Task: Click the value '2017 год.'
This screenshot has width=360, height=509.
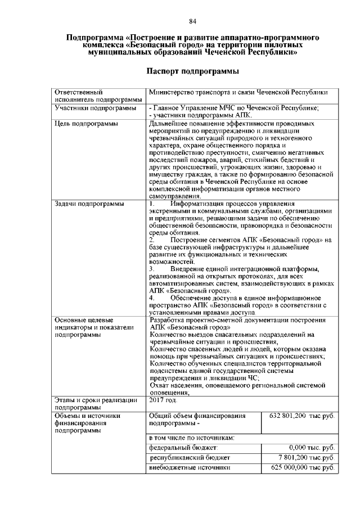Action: pos(163,400)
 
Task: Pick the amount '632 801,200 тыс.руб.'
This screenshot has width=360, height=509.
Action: pos(302,416)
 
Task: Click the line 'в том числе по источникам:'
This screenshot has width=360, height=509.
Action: pos(191,437)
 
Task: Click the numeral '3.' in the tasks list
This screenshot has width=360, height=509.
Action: pos(152,269)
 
